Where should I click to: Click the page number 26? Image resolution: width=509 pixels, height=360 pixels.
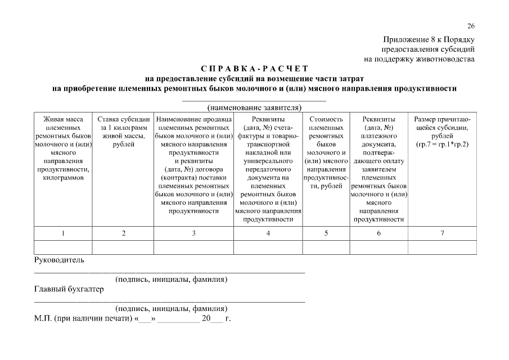point(471,26)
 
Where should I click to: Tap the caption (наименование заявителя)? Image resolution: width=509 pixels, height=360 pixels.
point(254,107)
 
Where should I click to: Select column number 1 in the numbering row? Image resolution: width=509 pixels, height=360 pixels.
point(63,233)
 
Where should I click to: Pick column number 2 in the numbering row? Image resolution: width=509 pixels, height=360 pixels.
point(123,233)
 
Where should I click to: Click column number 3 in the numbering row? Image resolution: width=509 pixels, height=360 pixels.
point(193,233)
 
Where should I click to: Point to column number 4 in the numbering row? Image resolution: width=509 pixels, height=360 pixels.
point(268,233)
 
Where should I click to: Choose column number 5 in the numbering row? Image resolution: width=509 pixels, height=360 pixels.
point(326,233)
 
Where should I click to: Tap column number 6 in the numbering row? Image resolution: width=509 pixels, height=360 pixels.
point(379,233)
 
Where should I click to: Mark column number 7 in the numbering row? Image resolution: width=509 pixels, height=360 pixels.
point(442,233)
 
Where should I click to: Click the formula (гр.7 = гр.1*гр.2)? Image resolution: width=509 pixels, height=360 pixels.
point(442,145)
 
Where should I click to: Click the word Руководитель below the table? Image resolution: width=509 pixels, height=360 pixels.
point(59,260)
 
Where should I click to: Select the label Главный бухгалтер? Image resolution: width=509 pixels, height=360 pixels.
point(69,290)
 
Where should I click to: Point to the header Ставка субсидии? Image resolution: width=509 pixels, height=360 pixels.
point(123,119)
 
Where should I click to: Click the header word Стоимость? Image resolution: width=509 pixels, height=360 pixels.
point(326,119)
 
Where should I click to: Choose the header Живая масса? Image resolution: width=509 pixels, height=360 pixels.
point(63,119)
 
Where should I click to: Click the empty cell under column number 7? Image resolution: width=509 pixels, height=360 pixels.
point(442,247)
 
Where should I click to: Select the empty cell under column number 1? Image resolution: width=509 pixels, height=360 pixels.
point(63,247)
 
